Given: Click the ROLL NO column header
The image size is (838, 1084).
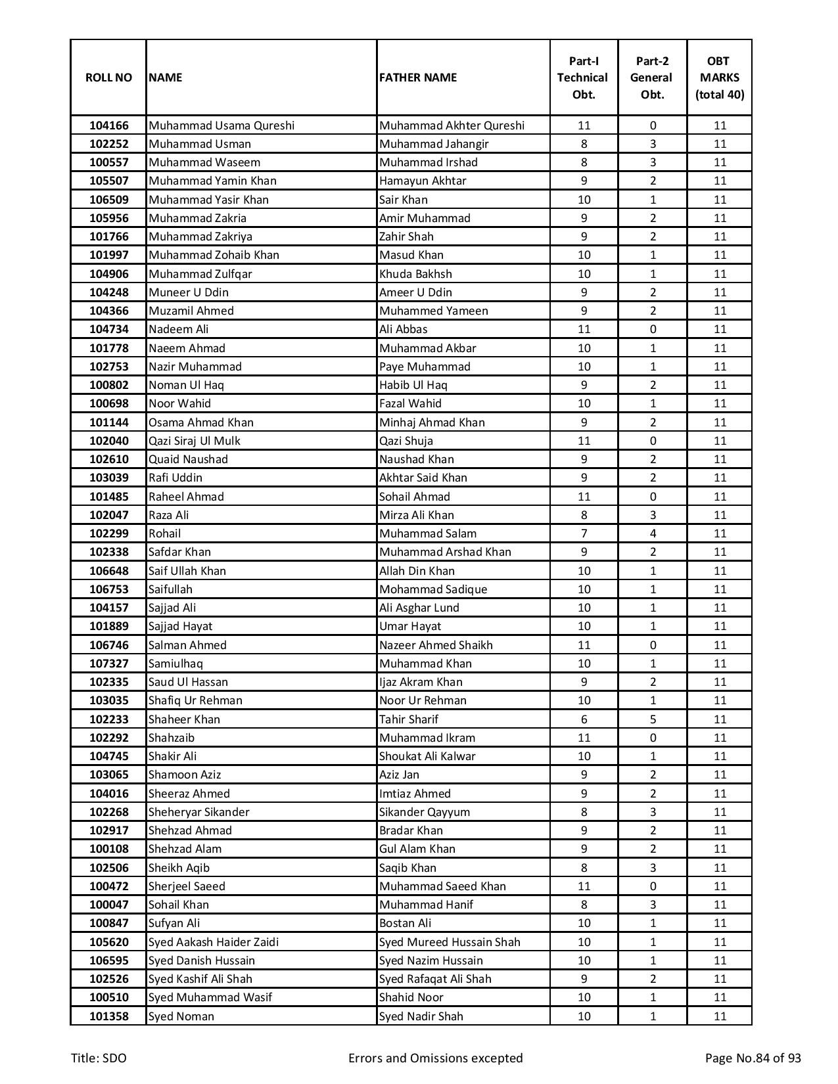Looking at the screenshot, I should point(108,78).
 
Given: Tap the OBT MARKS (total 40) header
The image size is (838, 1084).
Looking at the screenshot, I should point(720,78).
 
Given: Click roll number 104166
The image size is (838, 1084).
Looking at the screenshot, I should point(108,125).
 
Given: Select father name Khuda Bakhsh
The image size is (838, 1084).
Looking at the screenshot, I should point(415,274).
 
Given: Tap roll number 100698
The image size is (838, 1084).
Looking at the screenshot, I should point(108,403).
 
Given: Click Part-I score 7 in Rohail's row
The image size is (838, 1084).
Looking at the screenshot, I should point(584,533).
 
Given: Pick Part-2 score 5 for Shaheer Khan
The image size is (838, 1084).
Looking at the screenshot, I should point(652,719).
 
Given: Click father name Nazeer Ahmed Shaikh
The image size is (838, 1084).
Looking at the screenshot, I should point(436,645).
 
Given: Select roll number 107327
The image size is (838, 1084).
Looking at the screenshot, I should point(108,664).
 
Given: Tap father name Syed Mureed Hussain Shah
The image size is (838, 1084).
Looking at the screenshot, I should point(450,942).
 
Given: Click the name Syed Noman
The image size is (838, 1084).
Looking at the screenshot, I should point(181,1016).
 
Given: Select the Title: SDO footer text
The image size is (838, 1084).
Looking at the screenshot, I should point(99,1058).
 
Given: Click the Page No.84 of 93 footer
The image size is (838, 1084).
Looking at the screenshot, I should point(753,1058).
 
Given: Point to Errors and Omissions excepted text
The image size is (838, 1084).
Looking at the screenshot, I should point(435,1058).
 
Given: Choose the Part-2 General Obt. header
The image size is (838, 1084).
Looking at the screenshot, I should point(652,78).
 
